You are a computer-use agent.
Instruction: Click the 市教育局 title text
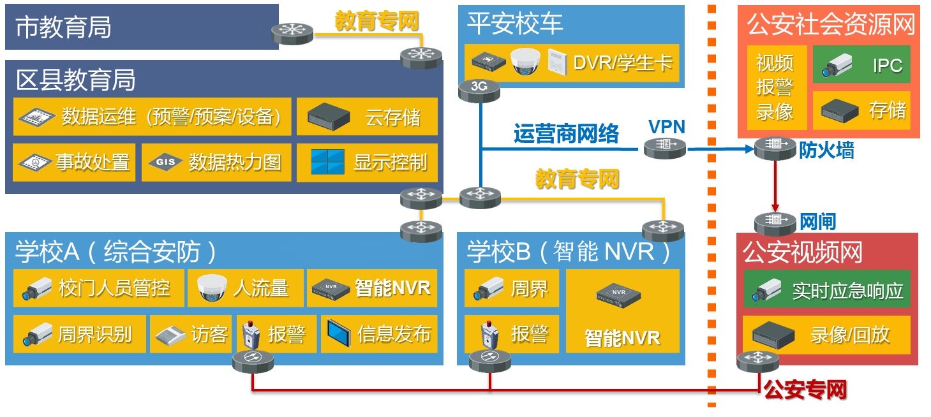click(63, 27)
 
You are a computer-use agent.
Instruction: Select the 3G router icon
click(479, 90)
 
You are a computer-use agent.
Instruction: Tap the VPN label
click(667, 127)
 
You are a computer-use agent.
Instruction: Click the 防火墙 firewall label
click(826, 150)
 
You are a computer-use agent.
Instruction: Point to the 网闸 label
click(817, 222)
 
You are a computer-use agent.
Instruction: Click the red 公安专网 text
click(805, 390)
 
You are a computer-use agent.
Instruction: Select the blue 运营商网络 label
click(566, 134)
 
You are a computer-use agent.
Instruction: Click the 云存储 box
click(367, 117)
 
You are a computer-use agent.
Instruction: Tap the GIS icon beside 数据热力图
click(165, 162)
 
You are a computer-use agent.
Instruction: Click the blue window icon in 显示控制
click(327, 162)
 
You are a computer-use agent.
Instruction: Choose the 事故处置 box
click(74, 163)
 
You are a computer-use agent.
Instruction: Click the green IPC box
click(861, 64)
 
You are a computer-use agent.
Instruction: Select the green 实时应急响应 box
click(827, 289)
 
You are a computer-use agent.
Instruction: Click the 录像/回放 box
click(827, 335)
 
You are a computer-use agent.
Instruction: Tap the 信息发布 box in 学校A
click(379, 334)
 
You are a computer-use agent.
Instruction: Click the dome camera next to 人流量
click(212, 288)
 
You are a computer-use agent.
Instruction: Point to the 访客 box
click(191, 334)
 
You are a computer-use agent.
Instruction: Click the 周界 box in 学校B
click(512, 288)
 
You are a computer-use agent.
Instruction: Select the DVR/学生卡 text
click(623, 63)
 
